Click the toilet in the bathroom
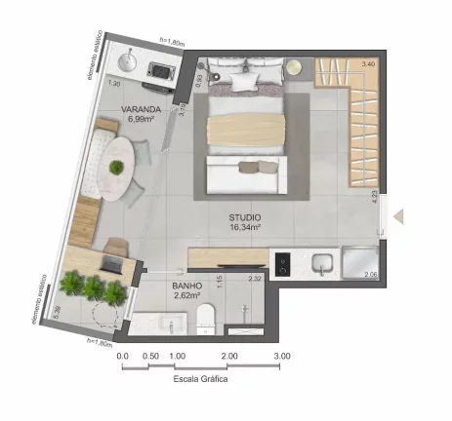coord(205,317)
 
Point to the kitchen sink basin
coord(322,262)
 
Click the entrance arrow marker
coord(398,219)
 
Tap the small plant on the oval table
coord(117,167)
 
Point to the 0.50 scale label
coord(151,356)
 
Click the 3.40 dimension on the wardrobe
coord(367,64)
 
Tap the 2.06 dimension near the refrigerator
coord(370,276)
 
